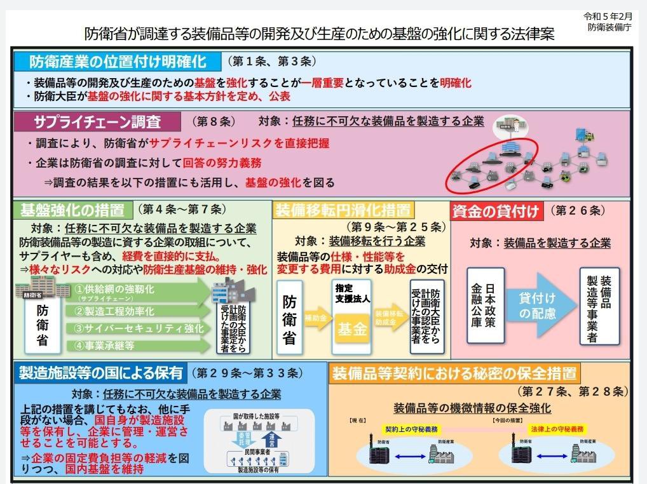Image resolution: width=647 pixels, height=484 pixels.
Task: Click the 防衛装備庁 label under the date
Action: click(610, 27)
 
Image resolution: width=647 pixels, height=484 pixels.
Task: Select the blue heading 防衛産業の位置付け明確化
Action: click(118, 62)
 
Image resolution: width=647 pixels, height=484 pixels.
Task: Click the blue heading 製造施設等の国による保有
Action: click(101, 373)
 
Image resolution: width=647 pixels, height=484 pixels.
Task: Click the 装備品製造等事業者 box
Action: click(599, 306)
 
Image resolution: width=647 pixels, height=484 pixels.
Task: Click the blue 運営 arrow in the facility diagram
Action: click(271, 439)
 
